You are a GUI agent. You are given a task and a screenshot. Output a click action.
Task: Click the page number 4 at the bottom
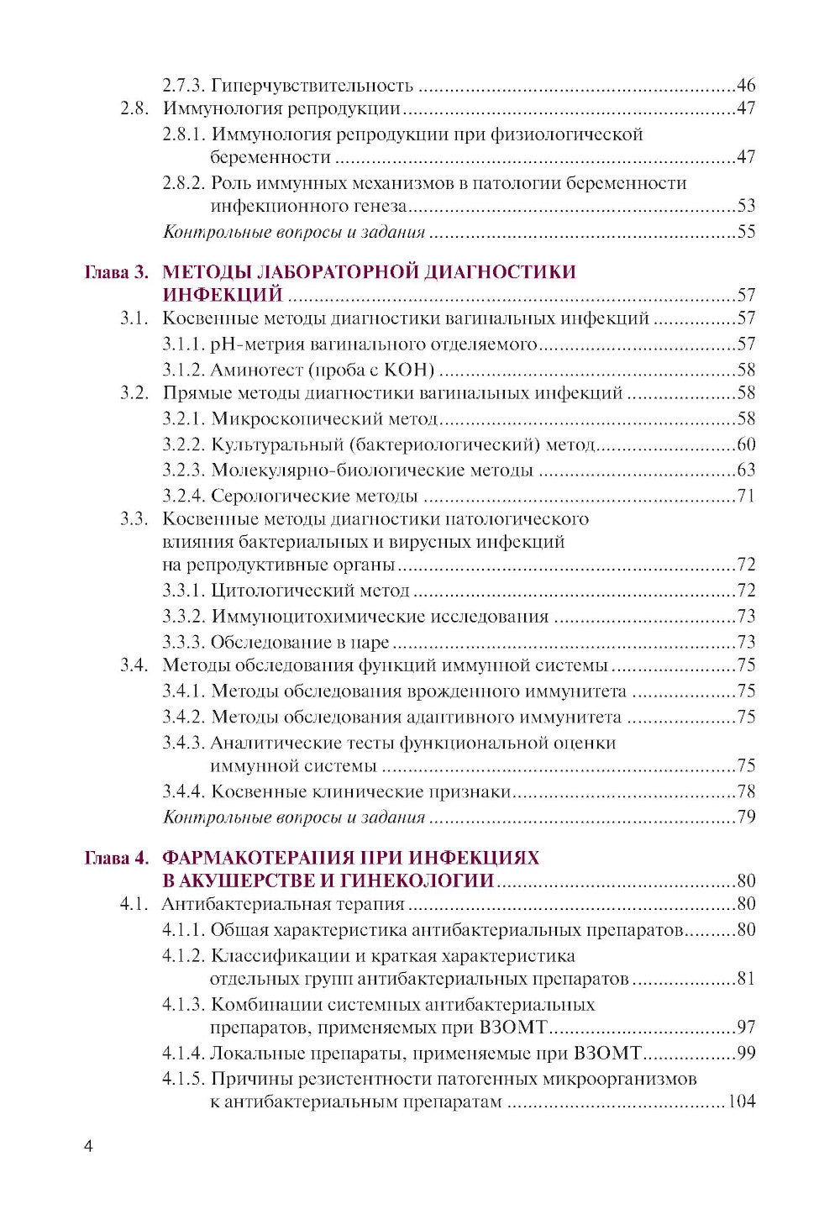[x=88, y=1148]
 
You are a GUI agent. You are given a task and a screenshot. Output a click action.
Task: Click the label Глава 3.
[x=117, y=272]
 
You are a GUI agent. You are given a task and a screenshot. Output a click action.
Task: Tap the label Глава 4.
[x=117, y=858]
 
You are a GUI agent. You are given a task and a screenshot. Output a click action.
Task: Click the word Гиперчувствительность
[x=312, y=86]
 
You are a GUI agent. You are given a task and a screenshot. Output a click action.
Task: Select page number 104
[x=741, y=1101]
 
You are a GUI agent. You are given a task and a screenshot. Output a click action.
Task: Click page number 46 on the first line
[x=746, y=86]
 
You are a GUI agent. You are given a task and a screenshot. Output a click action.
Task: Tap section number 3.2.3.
[x=183, y=470]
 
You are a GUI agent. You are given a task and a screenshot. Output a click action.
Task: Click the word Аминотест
[x=256, y=370]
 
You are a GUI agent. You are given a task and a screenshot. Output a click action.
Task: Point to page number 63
[x=746, y=470]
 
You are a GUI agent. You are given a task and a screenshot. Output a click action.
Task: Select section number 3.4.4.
[x=183, y=791]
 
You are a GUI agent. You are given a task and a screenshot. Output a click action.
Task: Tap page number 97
[x=746, y=1028]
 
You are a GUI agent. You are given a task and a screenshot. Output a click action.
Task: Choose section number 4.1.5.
[x=183, y=1079]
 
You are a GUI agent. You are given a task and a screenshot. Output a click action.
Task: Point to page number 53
[x=746, y=206]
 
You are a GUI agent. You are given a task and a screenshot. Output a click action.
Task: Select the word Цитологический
[x=281, y=591]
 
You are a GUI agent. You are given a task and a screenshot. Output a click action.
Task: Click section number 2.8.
[x=134, y=108]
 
